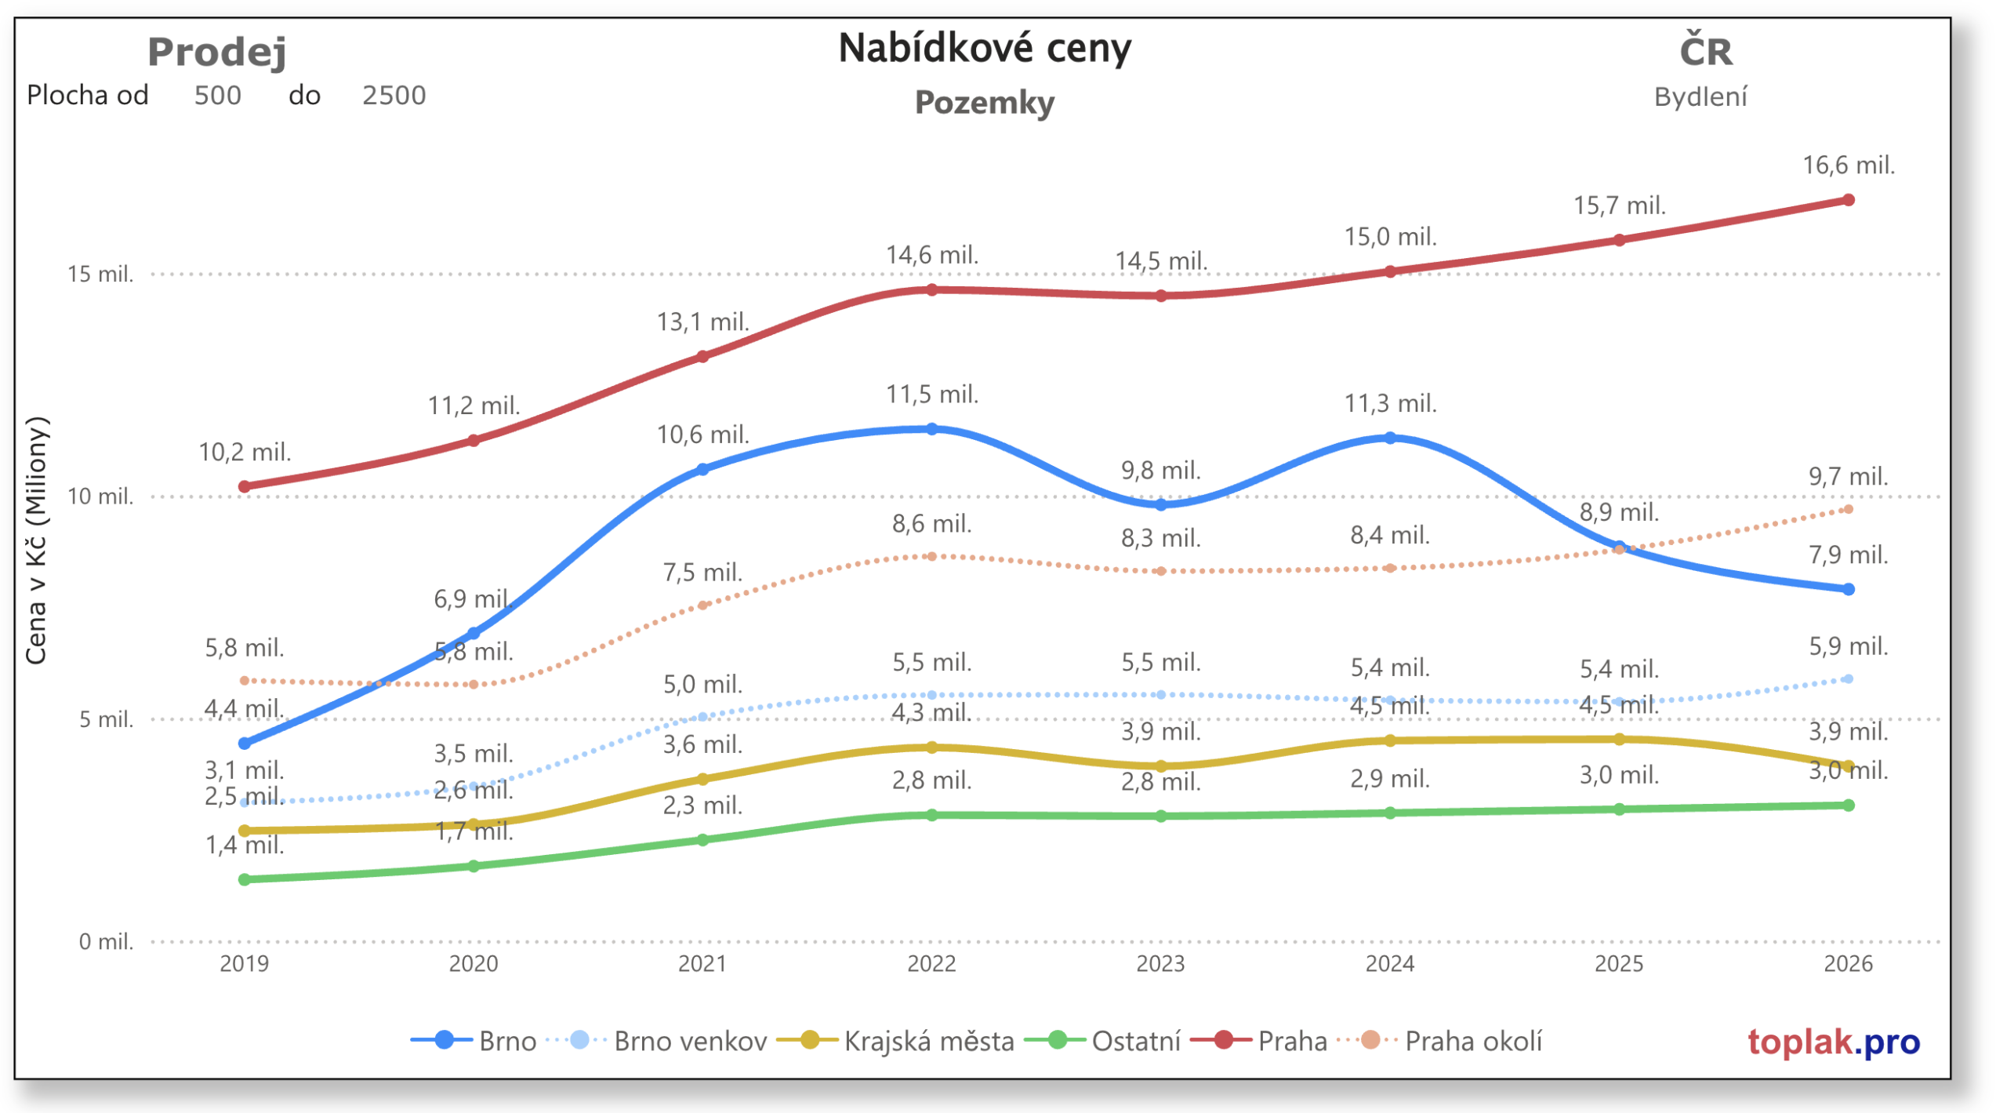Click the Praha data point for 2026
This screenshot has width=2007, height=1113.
click(x=1847, y=200)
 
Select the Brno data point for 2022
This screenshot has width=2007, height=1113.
click(x=931, y=429)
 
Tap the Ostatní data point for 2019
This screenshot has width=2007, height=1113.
click(x=245, y=879)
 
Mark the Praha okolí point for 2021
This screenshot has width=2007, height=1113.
click(x=702, y=605)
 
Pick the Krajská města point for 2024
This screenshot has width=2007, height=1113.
click(x=1389, y=740)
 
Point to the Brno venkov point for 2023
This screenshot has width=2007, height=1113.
click(x=1160, y=695)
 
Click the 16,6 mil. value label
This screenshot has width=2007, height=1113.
click(x=1848, y=165)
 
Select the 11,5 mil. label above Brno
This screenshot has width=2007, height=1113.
click(x=931, y=394)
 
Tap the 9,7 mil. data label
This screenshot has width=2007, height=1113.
click(x=1848, y=476)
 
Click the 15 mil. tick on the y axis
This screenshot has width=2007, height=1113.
click(x=100, y=275)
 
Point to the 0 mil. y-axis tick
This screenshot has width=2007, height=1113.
click(x=106, y=941)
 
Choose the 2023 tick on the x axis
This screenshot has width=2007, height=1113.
click(x=1160, y=963)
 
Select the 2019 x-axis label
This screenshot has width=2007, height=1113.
click(x=245, y=963)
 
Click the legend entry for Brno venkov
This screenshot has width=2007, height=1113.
click(x=690, y=1041)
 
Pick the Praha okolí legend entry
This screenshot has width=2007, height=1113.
click(x=1472, y=1041)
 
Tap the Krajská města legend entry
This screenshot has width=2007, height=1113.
click(x=928, y=1041)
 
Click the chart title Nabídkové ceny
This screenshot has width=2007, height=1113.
click(x=985, y=49)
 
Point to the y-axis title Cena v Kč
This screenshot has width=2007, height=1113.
click(x=37, y=541)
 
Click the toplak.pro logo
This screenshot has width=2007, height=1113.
click(x=1833, y=1042)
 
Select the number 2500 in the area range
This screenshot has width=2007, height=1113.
click(x=394, y=96)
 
